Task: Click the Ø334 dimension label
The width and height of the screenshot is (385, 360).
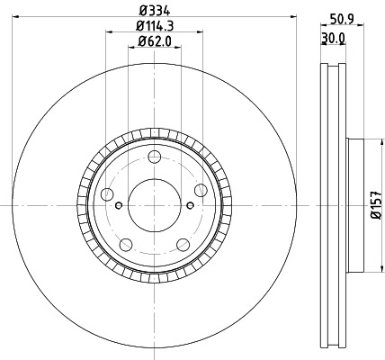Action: point(154,10)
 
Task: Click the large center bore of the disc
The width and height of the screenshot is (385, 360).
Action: point(154,205)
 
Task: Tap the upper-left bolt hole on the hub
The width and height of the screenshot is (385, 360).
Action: point(107,195)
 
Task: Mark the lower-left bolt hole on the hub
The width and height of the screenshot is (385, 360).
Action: point(125,245)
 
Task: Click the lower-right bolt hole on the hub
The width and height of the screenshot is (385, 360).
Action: point(183,245)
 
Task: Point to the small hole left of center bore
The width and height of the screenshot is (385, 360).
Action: point(121,206)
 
